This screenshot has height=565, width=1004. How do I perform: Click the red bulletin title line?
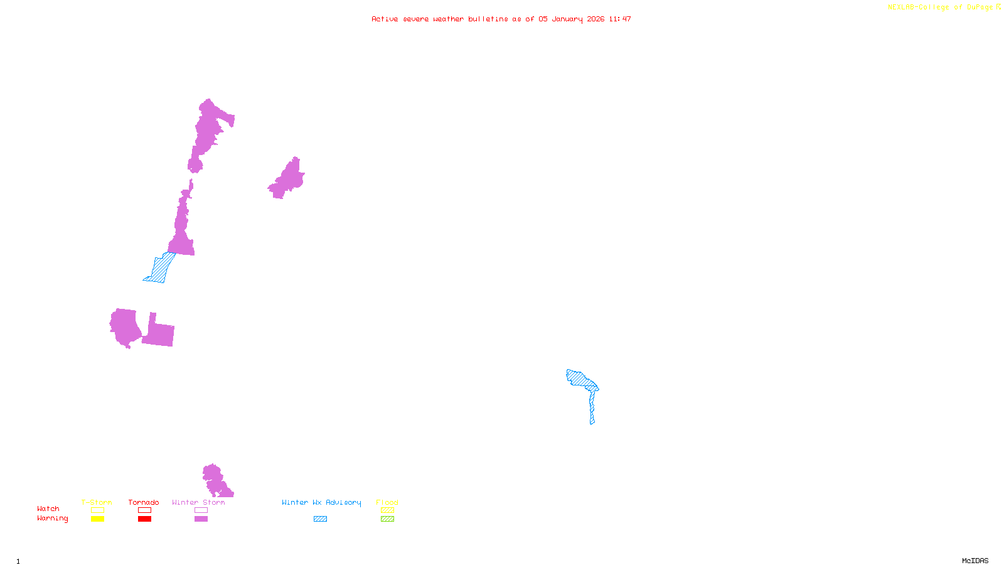501,19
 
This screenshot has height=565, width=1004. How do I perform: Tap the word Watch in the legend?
48,509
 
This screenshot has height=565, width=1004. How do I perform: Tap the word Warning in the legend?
52,519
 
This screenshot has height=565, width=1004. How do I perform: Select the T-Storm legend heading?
97,502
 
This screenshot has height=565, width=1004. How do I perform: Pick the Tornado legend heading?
144,502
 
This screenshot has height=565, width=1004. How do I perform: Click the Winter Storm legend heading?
198,502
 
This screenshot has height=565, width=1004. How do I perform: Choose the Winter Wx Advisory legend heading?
321,502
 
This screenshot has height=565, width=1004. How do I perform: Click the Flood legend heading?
387,502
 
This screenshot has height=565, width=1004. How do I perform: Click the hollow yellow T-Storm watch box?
97,510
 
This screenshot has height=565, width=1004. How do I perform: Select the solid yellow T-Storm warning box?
97,519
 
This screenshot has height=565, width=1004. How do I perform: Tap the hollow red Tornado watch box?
144,510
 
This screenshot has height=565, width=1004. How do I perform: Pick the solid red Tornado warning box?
144,519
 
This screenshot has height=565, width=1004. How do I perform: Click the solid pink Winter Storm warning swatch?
201,519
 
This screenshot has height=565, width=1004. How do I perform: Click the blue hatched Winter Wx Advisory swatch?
320,519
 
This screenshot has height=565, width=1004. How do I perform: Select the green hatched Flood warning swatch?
387,519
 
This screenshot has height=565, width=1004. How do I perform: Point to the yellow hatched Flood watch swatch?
387,510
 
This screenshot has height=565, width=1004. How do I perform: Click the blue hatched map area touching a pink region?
160,268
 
